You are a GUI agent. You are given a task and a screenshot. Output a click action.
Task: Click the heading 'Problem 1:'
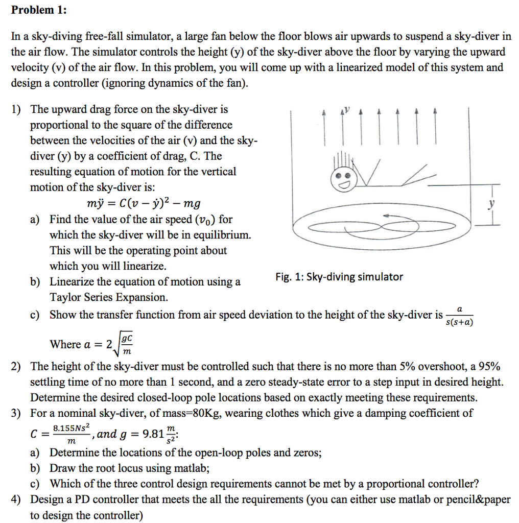39,10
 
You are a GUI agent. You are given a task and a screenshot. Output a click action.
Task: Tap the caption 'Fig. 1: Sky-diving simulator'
339,277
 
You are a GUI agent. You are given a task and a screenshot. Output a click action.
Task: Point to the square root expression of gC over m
125,344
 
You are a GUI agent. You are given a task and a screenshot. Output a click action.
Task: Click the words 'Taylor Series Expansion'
108,297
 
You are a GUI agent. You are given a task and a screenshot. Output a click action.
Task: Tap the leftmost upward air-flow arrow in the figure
323,128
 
